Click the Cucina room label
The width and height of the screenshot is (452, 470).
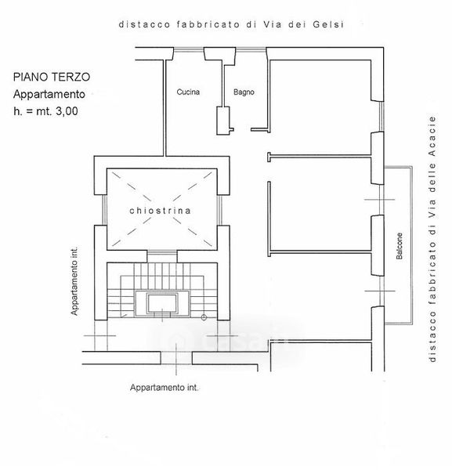tap(188, 92)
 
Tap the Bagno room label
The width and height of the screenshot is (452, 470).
tap(244, 92)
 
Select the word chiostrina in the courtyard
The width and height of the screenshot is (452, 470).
tap(160, 211)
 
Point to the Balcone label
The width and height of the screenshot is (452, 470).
tap(400, 246)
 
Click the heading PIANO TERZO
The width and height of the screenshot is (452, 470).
tap(52, 77)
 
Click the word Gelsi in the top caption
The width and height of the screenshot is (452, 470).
tap(328, 24)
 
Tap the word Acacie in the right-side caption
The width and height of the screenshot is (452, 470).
tap(432, 136)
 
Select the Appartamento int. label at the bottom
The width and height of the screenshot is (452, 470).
tap(165, 388)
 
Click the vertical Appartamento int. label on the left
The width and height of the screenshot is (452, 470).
tap(74, 281)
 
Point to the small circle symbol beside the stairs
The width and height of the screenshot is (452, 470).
tap(204, 317)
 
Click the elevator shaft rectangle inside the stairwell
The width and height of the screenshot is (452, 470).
tap(162, 303)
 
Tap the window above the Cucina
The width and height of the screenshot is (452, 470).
tap(189, 50)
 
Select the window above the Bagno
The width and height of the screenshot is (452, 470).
tap(251, 50)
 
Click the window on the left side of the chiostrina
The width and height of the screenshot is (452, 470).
tap(105, 210)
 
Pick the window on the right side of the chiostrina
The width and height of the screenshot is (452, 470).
tap(219, 210)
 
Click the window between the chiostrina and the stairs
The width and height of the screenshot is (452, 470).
tap(162, 254)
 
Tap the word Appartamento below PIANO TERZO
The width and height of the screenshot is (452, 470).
tap(49, 95)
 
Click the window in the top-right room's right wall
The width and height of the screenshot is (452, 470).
tap(381, 116)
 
